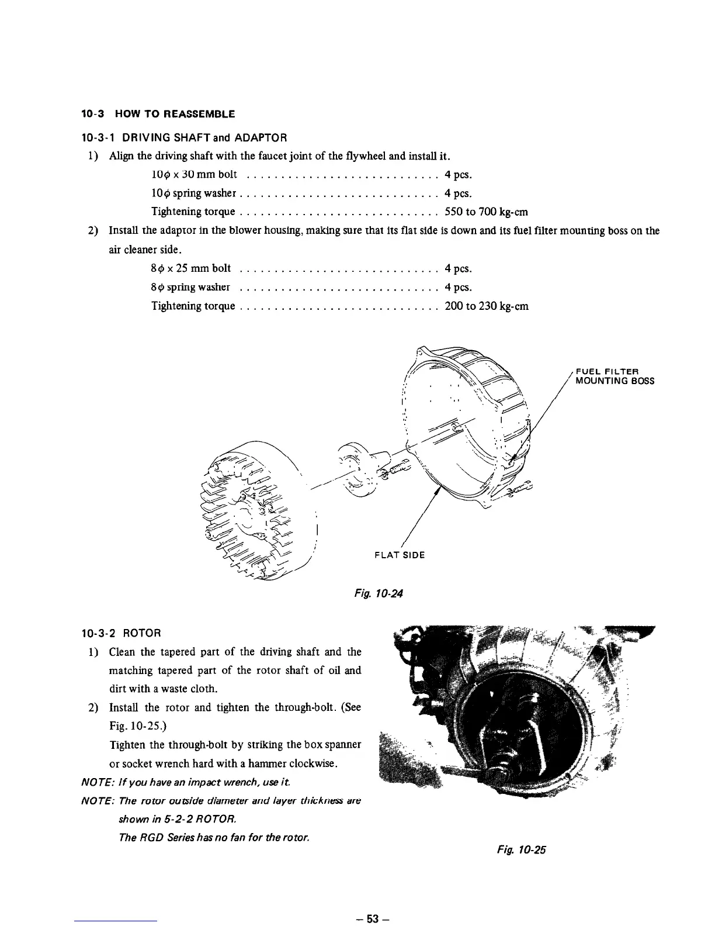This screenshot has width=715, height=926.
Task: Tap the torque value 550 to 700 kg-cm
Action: pos(486,212)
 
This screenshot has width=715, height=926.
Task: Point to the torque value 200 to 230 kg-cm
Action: pos(486,306)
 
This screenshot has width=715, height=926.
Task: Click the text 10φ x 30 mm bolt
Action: pos(193,175)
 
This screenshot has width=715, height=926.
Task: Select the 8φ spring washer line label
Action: pos(190,288)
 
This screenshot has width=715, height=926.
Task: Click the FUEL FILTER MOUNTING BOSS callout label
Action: pos(615,376)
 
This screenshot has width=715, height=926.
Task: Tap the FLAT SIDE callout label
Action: pos(400,555)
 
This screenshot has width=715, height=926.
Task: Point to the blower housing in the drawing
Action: pos(467,427)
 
